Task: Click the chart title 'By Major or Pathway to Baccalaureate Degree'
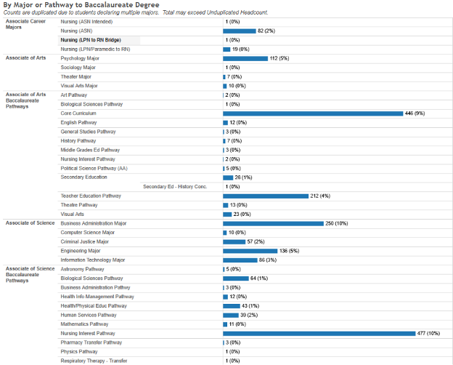point(81,5)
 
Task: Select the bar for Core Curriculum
point(313,113)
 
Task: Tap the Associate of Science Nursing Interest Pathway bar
point(319,333)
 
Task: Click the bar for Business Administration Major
point(273,223)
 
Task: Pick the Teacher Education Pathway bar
point(266,196)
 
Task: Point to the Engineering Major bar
point(250,251)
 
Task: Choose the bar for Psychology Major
point(245,58)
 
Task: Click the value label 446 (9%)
point(415,113)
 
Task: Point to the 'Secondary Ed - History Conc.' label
point(175,186)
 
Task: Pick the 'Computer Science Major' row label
point(87,233)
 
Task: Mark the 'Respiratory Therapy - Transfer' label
point(94,361)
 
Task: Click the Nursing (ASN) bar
point(240,31)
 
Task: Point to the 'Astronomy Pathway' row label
point(83,269)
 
